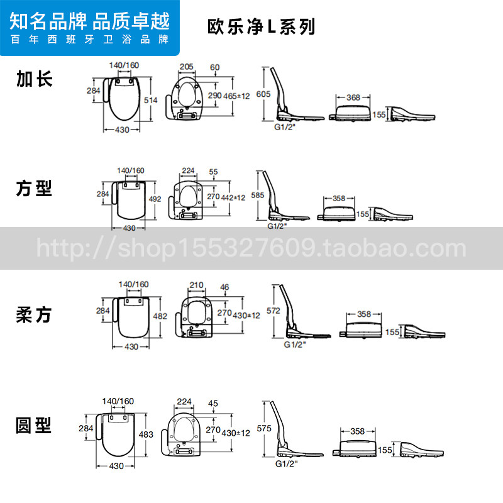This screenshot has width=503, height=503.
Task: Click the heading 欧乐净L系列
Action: click(x=261, y=28)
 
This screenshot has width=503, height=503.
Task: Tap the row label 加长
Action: click(x=35, y=79)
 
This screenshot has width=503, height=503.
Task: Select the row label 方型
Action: click(x=35, y=187)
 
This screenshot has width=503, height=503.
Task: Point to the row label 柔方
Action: click(x=35, y=315)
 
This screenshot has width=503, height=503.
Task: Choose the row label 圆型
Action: click(x=35, y=426)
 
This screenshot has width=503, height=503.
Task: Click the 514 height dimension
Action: click(x=150, y=100)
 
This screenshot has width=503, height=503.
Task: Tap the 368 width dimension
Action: click(x=353, y=97)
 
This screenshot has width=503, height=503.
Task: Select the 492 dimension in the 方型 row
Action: click(x=155, y=199)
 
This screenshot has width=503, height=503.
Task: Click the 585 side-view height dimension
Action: click(x=257, y=195)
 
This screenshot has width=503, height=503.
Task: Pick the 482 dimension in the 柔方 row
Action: click(x=160, y=316)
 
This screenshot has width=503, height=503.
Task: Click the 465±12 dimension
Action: click(x=236, y=96)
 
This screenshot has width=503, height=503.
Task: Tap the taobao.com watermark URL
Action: click(x=251, y=248)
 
